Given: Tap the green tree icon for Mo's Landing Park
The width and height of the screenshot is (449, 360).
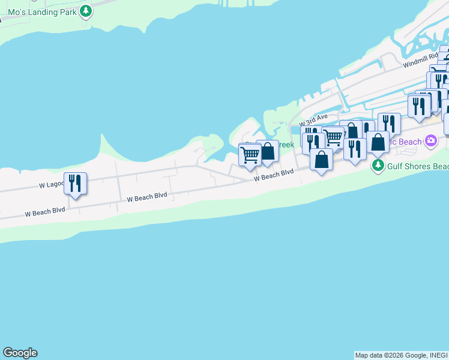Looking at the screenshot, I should pos(86,10).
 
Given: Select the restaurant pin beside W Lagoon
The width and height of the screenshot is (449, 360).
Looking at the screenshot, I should pos(75,183).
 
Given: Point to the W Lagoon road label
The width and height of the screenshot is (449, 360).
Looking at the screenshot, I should pos(51,185).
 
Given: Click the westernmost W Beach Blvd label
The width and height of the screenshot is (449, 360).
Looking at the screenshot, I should pos(44,212).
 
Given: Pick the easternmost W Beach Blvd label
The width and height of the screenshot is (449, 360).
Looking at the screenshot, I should pos(274,175).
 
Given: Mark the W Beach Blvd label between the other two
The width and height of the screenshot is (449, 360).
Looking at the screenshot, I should pos(147,197).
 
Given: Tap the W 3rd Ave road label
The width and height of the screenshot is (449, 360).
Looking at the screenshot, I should pos(314,119).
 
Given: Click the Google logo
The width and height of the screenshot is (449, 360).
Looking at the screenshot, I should pos(20,353).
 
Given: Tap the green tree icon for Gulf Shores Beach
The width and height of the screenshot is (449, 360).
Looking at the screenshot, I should pos(378,165).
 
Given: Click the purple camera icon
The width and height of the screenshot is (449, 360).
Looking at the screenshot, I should pos(430,140).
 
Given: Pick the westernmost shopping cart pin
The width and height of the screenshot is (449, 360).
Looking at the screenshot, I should pos(250,155).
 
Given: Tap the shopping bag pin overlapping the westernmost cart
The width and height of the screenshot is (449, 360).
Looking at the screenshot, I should pos(267,151).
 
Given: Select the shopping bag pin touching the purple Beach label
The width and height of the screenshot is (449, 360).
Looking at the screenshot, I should pos(378,142).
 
